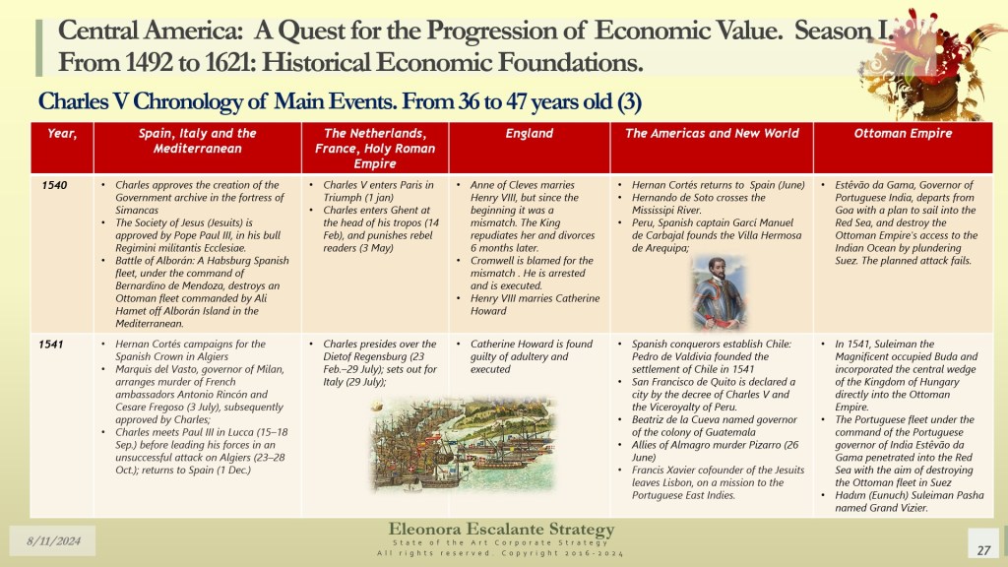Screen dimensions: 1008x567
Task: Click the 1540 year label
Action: coord(54,185)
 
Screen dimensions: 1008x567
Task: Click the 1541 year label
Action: coord(51,345)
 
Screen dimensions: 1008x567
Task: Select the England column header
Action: coord(529,134)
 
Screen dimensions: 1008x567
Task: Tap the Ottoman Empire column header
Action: coord(903,134)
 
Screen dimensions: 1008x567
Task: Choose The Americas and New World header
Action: coord(712,134)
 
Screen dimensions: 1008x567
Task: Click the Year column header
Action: coord(62,134)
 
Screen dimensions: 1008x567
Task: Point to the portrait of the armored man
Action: coord(719,292)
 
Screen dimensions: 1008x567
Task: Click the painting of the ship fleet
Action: coord(463,444)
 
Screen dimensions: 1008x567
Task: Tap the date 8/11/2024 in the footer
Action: coord(53,540)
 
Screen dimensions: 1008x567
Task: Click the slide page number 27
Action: coord(983,550)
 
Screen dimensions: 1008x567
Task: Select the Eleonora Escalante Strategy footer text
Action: coord(501,530)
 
